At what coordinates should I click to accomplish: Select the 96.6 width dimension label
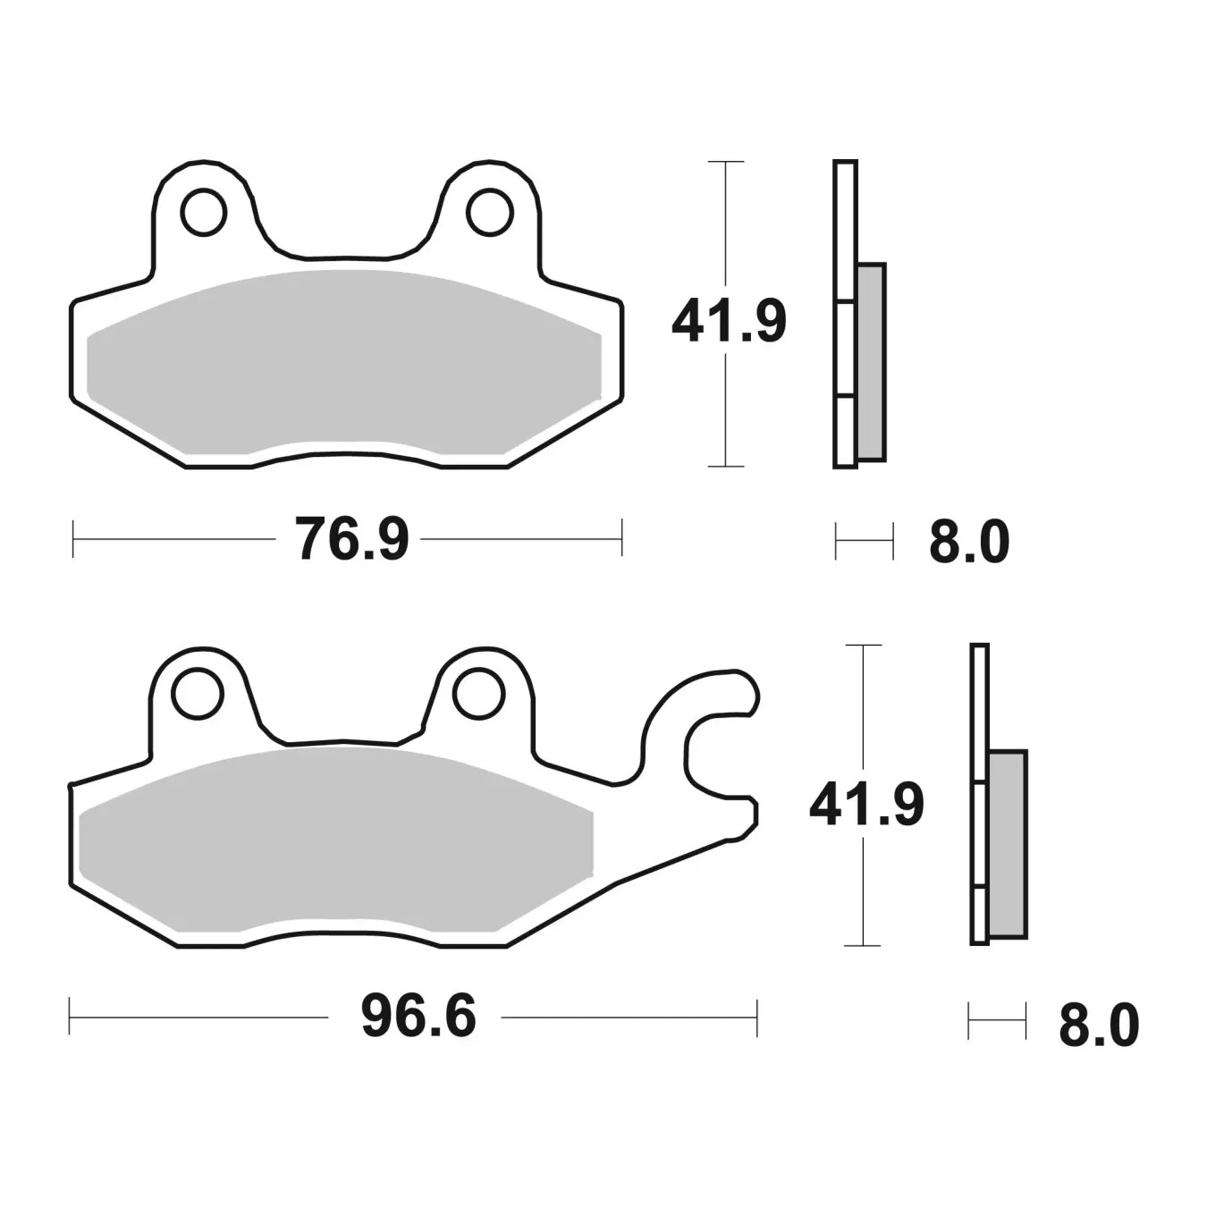click(x=418, y=1017)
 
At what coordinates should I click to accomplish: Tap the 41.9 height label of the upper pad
click(x=729, y=321)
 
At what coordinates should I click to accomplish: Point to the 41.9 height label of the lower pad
click(x=866, y=804)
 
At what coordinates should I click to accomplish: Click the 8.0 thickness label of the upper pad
click(x=969, y=542)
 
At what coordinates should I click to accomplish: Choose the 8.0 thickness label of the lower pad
click(x=1099, y=1026)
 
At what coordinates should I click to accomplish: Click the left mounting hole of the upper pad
click(x=203, y=212)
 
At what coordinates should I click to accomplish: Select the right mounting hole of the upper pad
click(x=490, y=212)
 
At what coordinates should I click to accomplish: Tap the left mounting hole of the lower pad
click(x=198, y=694)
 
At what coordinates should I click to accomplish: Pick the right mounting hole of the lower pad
click(x=479, y=694)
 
